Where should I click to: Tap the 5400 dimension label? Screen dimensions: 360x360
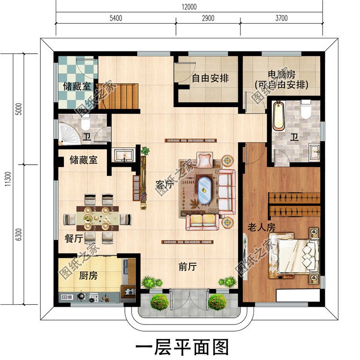pos(116,18)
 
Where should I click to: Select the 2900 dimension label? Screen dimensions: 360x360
pos(207,18)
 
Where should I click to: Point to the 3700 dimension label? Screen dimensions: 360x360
pos(281,18)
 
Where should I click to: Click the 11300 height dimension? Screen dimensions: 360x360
pos(7,179)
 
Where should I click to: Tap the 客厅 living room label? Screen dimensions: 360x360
pos(164,184)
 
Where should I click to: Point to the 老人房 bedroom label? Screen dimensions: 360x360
pos(261,227)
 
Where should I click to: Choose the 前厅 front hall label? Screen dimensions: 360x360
pos(188,267)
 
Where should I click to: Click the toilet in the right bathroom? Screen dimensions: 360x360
pos(306,109)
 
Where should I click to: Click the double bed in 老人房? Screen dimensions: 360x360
pos(295,255)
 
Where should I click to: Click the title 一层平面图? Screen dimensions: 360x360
pos(182,346)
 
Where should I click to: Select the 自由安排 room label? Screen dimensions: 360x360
pos(210,78)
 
